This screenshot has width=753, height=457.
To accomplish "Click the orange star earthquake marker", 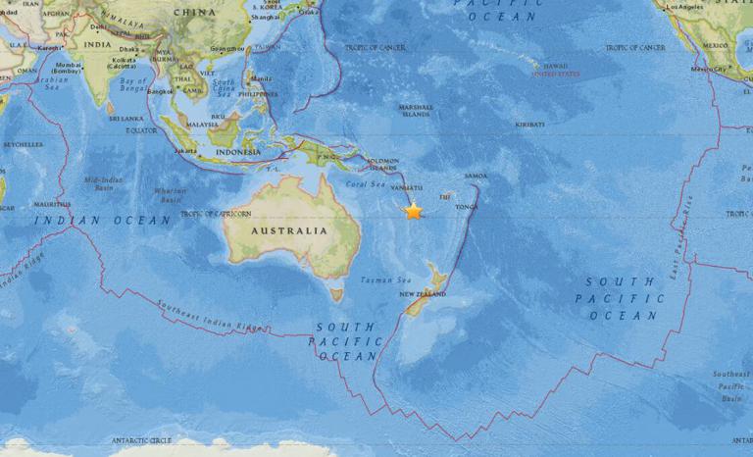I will [x=413, y=211].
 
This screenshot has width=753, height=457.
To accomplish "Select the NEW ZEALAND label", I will [x=419, y=293].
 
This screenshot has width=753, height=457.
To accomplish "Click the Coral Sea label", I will [x=365, y=183].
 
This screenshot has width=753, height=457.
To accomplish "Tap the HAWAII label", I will [x=555, y=66].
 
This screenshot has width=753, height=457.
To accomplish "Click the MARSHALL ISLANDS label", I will [x=416, y=110].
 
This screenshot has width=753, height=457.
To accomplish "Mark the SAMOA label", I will [x=477, y=176].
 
